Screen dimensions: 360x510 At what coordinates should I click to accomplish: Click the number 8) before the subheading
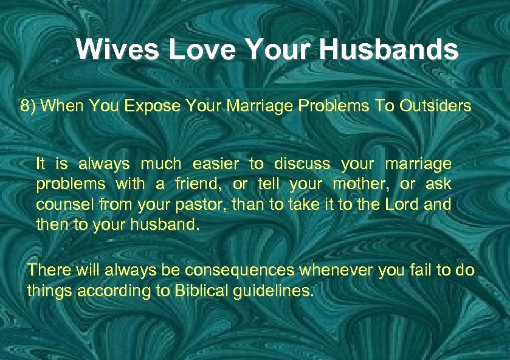(29, 106)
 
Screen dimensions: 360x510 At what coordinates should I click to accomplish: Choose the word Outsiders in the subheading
(435, 106)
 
